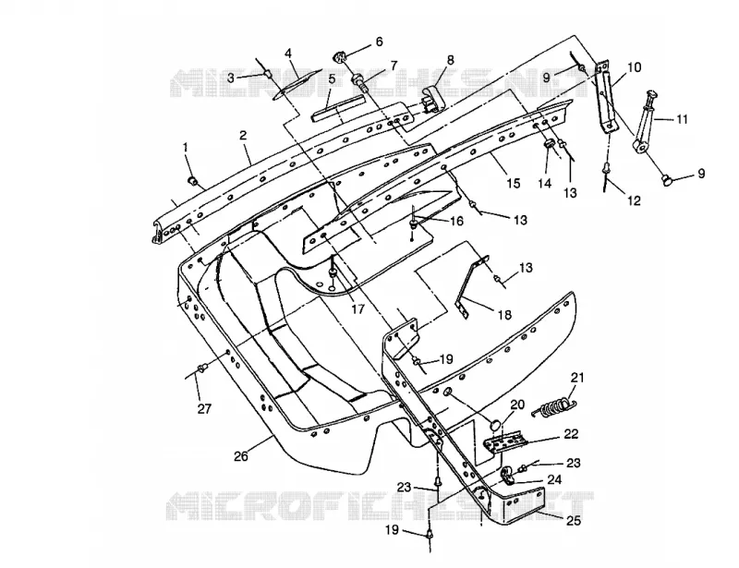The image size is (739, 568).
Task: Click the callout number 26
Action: click(x=241, y=456)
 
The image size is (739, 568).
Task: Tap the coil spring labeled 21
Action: click(x=554, y=406)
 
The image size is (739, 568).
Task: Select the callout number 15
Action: click(x=514, y=183)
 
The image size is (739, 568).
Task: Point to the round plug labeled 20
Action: click(x=495, y=424)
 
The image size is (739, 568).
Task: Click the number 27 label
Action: click(x=204, y=408)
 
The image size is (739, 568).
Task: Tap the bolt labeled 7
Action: click(x=360, y=83)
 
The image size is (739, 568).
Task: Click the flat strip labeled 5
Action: click(x=339, y=109)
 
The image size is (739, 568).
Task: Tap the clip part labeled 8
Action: click(x=432, y=98)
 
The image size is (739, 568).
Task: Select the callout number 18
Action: click(x=504, y=314)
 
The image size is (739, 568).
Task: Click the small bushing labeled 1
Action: click(x=193, y=180)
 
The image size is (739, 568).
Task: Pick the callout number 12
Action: click(x=635, y=200)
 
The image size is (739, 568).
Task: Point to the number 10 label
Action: click(x=635, y=67)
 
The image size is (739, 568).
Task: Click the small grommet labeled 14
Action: click(x=549, y=144)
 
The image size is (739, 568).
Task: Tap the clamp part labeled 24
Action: click(x=508, y=476)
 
